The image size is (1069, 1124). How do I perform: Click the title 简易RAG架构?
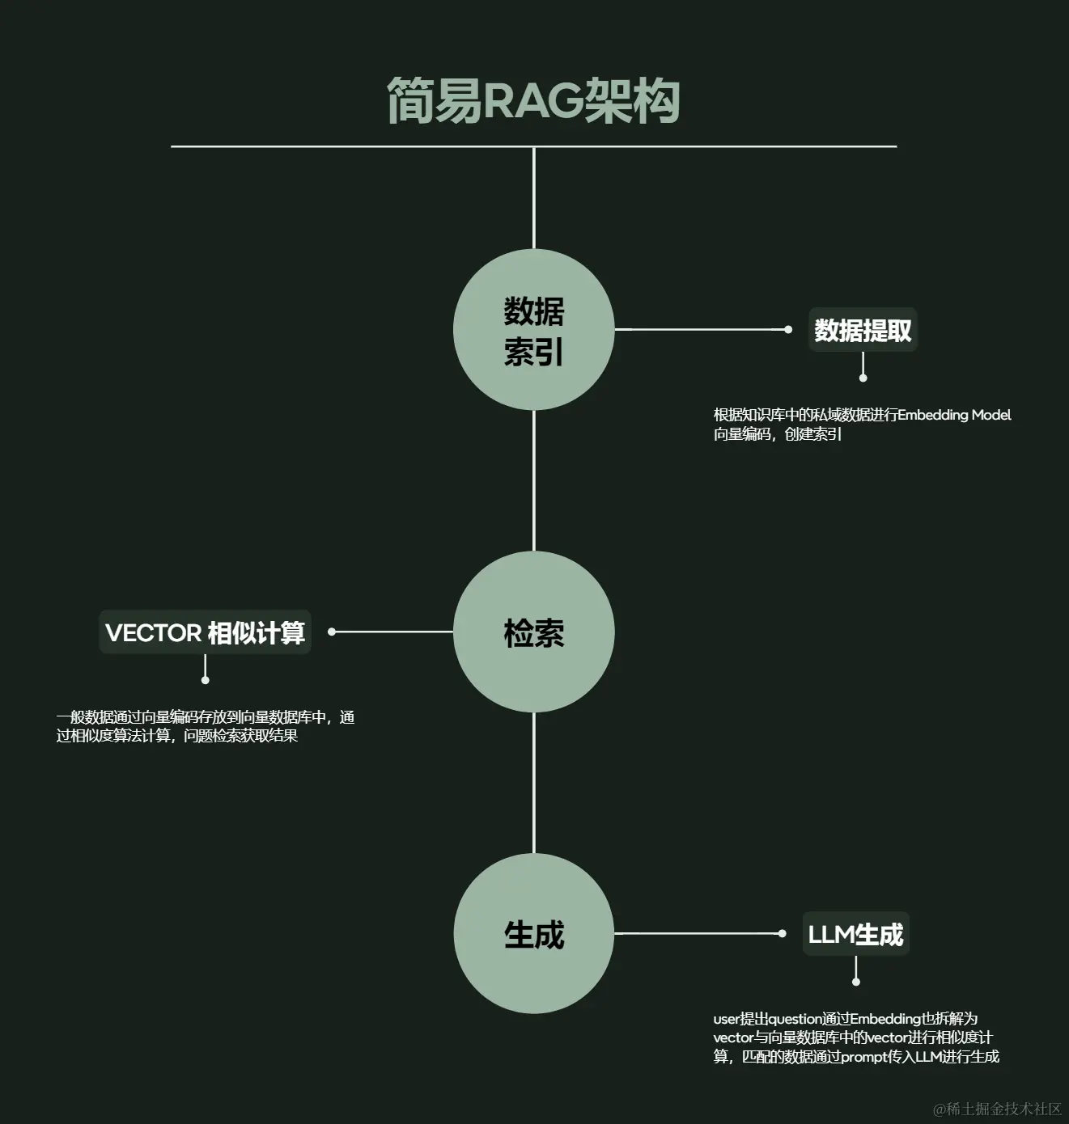tap(533, 101)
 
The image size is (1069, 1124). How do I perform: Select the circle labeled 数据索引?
tap(534, 330)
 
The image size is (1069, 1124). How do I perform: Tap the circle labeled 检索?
tap(534, 632)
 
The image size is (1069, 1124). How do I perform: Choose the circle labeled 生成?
tap(534, 933)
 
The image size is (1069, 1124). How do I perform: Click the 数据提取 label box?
tap(863, 330)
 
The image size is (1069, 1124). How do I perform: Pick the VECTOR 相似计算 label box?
tap(206, 632)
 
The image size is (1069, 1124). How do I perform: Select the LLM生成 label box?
tap(855, 934)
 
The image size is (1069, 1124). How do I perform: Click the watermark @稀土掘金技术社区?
tap(997, 1109)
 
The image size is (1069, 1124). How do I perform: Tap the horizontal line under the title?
tap(324, 146)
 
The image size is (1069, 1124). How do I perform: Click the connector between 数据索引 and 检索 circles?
tap(534, 481)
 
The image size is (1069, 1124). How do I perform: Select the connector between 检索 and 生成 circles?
tap(534, 783)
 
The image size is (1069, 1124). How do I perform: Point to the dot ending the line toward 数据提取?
tap(788, 329)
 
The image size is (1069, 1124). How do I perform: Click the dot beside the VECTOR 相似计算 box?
tap(332, 632)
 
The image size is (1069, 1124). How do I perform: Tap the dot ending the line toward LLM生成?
tap(782, 933)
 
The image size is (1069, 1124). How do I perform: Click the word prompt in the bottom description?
tap(863, 1057)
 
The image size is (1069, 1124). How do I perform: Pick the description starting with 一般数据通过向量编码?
tap(206, 726)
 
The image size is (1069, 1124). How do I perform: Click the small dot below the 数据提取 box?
tap(863, 378)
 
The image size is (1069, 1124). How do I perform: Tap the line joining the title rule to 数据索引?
tap(534, 198)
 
